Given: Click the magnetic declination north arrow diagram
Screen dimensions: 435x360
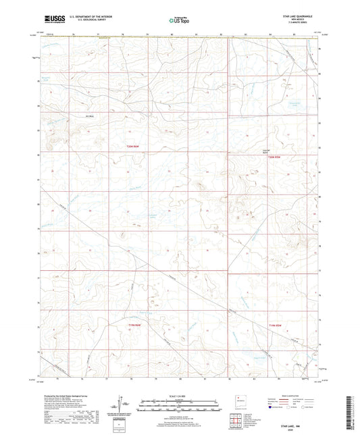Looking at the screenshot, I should pos(122,405).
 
